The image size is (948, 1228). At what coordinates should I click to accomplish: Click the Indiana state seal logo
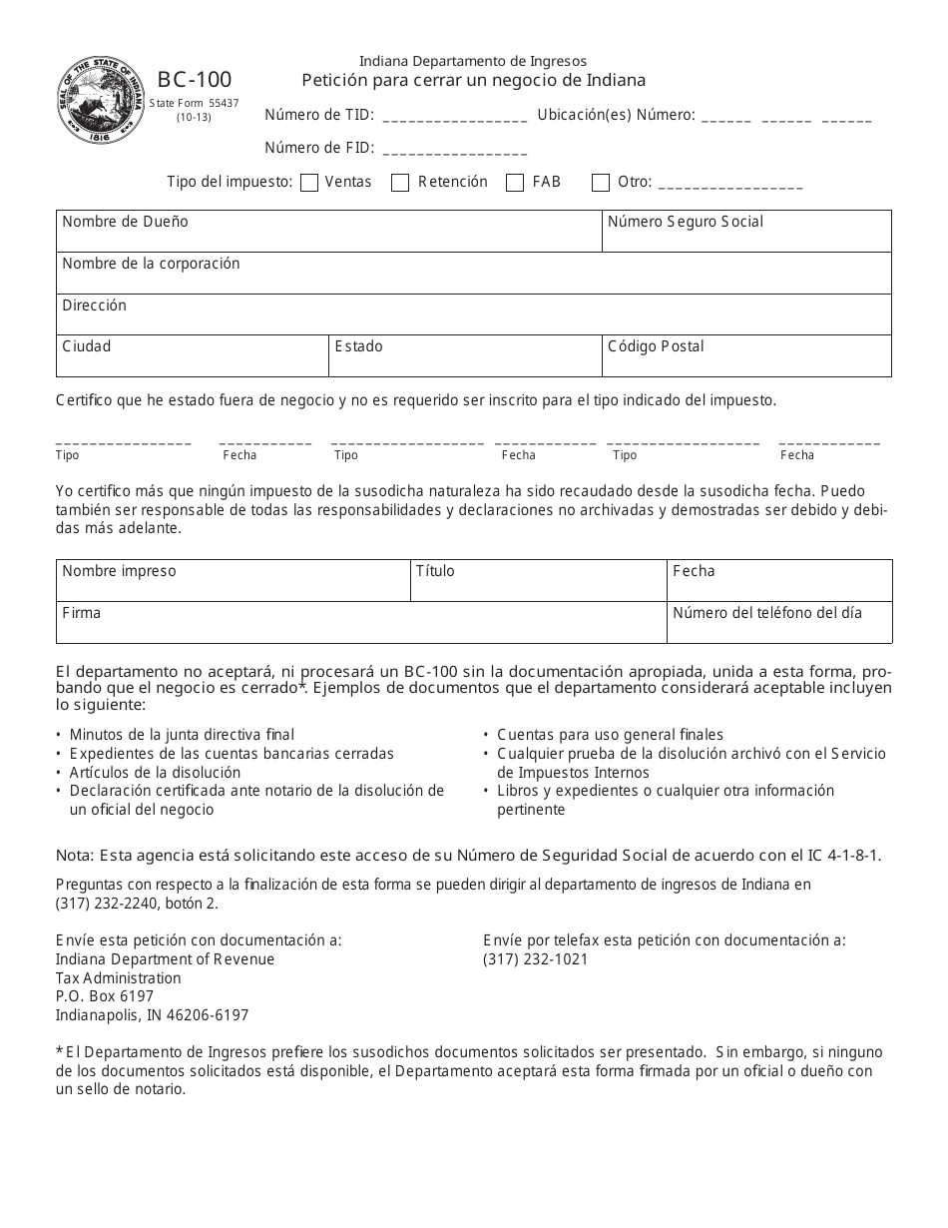click(x=100, y=100)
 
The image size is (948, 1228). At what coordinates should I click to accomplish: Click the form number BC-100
click(x=194, y=80)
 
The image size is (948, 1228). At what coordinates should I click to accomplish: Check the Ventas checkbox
click(x=309, y=183)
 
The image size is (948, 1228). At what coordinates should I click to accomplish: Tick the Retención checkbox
click(x=400, y=183)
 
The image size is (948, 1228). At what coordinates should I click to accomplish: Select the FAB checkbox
click(x=515, y=183)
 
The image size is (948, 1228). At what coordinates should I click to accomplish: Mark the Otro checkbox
click(x=601, y=183)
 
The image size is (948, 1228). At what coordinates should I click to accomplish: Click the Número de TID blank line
click(x=454, y=117)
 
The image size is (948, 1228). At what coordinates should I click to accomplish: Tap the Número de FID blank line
click(x=454, y=150)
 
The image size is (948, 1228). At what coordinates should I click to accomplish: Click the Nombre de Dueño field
click(x=329, y=237)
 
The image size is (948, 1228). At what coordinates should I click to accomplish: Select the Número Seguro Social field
click(x=746, y=237)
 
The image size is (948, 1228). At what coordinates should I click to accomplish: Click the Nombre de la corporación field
click(x=473, y=279)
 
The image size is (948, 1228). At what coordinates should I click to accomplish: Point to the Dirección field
click(x=473, y=319)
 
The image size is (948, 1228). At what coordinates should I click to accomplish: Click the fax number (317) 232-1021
click(x=536, y=959)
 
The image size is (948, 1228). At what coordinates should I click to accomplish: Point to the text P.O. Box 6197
click(x=105, y=996)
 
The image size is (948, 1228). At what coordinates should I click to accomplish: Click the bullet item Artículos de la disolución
click(x=155, y=773)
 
